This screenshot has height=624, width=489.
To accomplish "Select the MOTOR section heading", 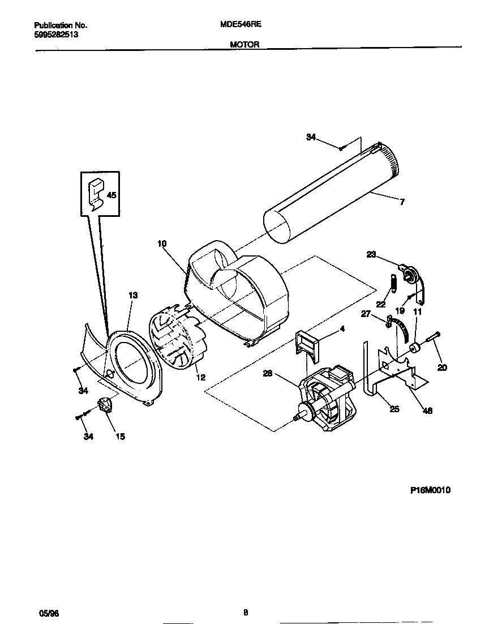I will point(244,44).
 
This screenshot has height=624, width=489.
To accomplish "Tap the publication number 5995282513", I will point(56,34).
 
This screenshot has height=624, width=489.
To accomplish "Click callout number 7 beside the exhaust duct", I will point(402,202).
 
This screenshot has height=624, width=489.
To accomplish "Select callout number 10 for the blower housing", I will point(162,244).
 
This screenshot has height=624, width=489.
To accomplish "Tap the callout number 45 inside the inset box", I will point(111,195).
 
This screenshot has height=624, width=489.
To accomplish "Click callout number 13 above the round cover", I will point(133,296).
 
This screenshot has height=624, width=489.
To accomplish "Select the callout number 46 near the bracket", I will point(427,411).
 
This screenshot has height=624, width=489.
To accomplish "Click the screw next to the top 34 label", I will point(342,148).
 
